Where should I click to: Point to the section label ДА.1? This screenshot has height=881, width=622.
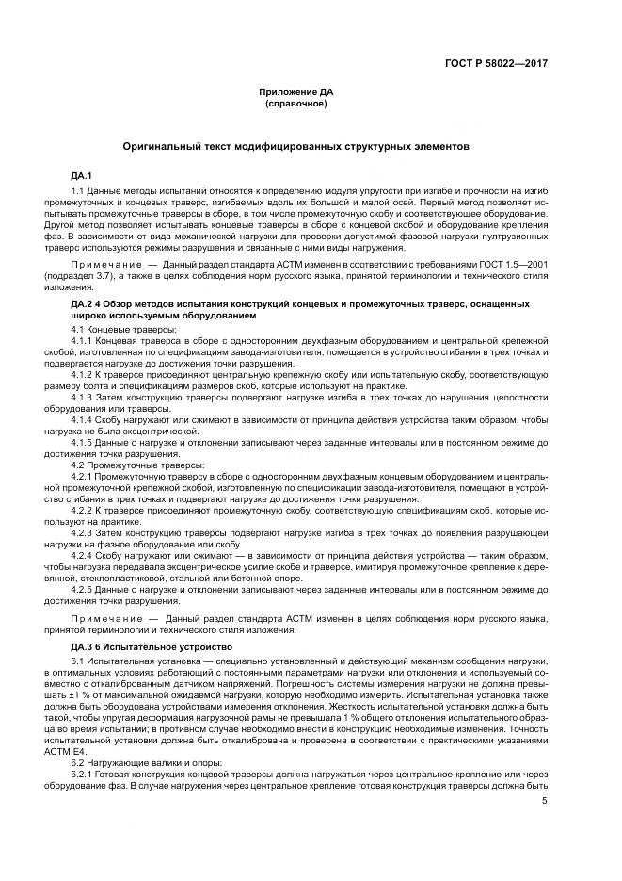pos(80,176)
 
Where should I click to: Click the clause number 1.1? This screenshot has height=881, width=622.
pos(78,192)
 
